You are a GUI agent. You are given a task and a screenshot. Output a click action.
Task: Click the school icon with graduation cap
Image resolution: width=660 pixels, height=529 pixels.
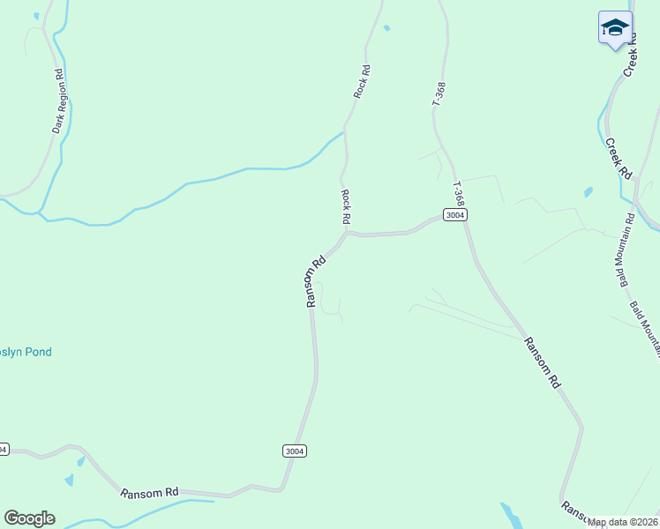615,28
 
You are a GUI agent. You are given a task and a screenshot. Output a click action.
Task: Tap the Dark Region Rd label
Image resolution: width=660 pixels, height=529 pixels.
58,101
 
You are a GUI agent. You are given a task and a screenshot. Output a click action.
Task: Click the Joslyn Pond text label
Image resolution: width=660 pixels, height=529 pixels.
26,352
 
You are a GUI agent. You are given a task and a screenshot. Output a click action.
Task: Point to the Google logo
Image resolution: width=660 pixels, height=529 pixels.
29,518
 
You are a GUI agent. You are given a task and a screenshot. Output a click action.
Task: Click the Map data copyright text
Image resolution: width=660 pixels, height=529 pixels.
622,522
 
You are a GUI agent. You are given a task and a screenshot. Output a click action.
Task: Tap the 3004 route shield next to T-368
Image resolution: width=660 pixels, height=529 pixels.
454,215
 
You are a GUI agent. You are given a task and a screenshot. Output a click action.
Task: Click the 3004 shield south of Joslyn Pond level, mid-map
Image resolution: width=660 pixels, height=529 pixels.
296,451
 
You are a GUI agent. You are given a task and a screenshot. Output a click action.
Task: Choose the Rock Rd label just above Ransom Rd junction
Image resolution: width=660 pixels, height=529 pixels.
347,205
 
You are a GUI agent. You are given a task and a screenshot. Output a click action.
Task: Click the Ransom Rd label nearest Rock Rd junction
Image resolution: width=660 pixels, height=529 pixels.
316,281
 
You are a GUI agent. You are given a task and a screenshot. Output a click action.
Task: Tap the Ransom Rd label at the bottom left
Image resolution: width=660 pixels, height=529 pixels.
150,493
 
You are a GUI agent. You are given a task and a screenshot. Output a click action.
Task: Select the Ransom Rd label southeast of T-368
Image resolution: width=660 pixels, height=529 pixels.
542,362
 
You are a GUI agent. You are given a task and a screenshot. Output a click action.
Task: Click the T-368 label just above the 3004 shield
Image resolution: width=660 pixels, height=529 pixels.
458,195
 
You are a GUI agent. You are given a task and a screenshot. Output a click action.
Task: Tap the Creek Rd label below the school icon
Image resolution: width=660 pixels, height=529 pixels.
619,157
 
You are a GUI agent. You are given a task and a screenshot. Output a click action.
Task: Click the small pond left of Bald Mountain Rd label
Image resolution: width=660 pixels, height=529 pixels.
589,190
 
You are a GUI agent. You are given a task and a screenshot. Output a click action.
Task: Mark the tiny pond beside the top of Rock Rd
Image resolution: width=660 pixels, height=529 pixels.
386,28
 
